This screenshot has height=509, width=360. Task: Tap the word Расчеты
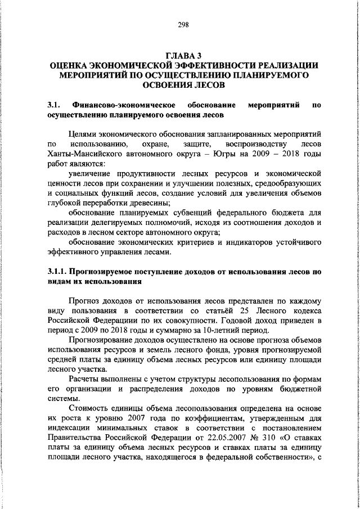point(85,381)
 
